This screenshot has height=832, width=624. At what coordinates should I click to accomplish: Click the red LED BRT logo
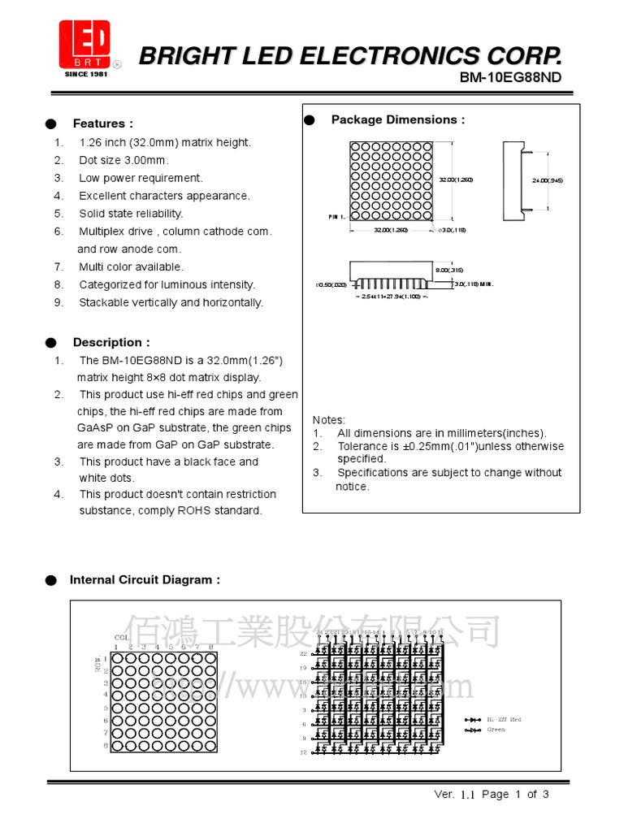84,44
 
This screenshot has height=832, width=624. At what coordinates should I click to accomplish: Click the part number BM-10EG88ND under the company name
510,78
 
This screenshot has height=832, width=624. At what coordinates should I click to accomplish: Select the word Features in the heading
98,123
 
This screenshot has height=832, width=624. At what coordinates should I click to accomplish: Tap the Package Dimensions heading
398,119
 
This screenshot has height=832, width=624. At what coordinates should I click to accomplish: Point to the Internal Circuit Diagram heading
145,579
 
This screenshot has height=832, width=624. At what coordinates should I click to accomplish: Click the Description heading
111,342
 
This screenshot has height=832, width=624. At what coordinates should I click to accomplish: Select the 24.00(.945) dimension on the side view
548,180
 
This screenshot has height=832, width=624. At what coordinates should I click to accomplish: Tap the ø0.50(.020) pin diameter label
331,284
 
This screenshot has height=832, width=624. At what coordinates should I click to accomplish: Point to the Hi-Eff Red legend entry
504,719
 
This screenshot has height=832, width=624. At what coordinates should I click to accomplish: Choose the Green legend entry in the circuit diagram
496,729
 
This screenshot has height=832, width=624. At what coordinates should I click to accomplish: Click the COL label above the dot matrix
121,637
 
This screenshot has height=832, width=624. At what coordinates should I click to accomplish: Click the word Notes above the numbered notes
328,419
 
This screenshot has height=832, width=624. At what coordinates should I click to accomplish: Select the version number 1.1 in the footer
466,795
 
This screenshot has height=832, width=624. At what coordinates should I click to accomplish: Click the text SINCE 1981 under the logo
84,74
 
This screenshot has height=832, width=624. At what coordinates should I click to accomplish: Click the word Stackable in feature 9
103,302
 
